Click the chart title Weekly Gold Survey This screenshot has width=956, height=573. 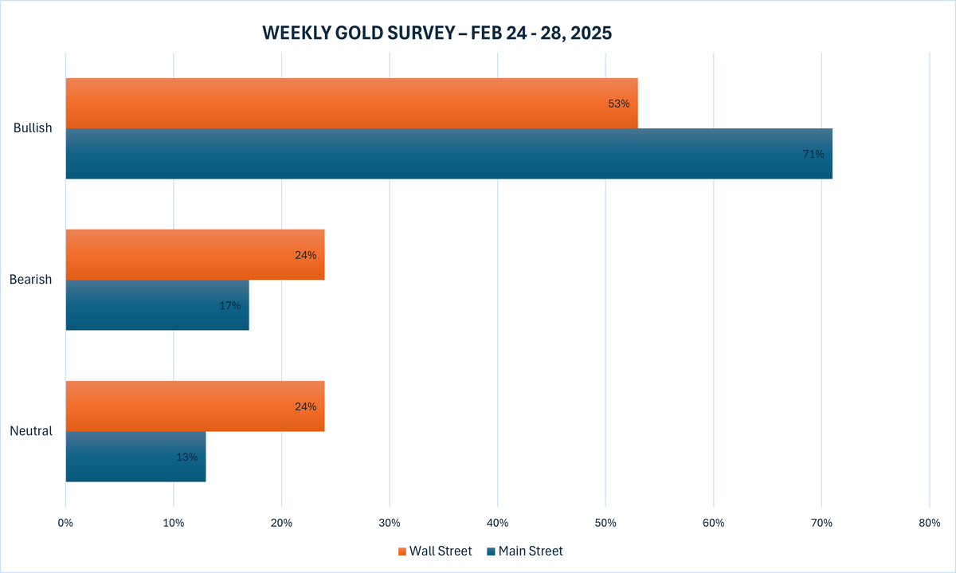pyautogui.click(x=437, y=33)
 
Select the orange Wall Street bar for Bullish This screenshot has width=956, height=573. pyautogui.click(x=351, y=103)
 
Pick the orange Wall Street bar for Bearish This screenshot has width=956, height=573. pyautogui.click(x=194, y=254)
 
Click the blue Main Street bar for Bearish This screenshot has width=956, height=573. pyautogui.click(x=157, y=305)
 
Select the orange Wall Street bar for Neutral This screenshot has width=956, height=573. pyautogui.click(x=194, y=406)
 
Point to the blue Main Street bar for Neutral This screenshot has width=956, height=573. pyautogui.click(x=135, y=457)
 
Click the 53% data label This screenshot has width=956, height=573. pyautogui.click(x=618, y=104)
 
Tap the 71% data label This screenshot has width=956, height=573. pyautogui.click(x=813, y=154)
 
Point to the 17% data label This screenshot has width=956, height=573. pyautogui.click(x=230, y=305)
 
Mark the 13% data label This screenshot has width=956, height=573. pyautogui.click(x=186, y=457)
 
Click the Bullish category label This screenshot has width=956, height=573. pyautogui.click(x=33, y=128)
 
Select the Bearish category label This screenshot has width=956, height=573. pyautogui.click(x=31, y=280)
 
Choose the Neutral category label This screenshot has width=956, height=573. pyautogui.click(x=31, y=431)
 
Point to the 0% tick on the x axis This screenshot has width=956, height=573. pyautogui.click(x=65, y=523)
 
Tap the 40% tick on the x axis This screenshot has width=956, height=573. pyautogui.click(x=497, y=523)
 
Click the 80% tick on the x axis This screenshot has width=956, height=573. pyautogui.click(x=929, y=523)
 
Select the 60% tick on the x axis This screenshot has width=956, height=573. pyautogui.click(x=713, y=523)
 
